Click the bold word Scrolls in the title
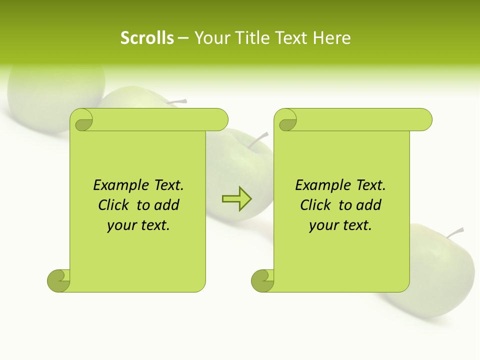pos(147,38)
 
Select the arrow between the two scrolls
pos(236,199)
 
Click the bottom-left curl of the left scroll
pos(58,280)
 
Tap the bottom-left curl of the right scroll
pos(262,280)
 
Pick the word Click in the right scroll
pos(316,205)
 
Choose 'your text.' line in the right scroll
pos(340,225)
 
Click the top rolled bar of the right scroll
pos(360,119)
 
